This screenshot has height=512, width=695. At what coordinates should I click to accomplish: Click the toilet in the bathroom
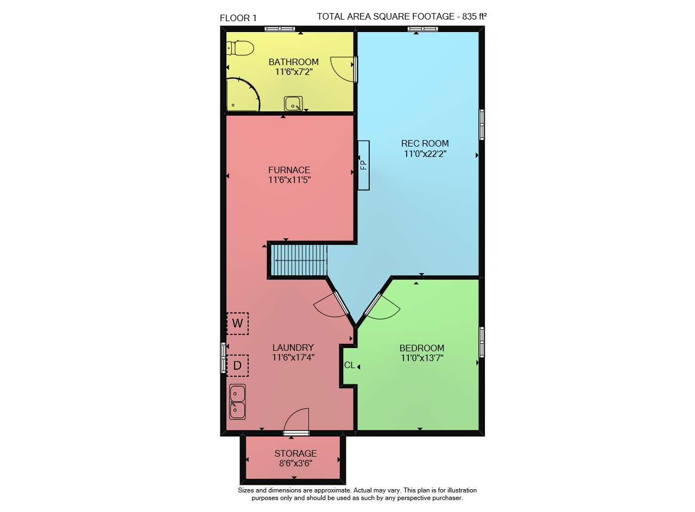point(240,48)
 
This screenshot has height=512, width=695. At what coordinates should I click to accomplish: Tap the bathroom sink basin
point(293,104)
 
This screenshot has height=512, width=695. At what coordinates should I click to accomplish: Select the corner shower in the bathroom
point(243,94)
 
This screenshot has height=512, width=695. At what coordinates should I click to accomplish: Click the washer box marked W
point(237,324)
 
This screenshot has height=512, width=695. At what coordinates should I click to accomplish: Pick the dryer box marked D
point(237,365)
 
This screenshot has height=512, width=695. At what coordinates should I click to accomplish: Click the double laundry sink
point(237,402)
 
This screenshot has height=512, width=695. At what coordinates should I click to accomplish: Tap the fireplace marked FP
point(364,166)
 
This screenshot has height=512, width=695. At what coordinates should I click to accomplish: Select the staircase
point(299,261)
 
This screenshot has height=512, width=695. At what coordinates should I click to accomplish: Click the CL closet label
point(350,365)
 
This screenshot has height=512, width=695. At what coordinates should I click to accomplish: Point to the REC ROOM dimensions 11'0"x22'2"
point(425,154)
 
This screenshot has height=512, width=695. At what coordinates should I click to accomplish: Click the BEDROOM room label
point(422,348)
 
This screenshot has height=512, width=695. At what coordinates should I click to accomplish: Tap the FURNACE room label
point(289,170)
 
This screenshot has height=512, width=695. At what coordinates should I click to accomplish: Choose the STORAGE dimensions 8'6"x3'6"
point(296,464)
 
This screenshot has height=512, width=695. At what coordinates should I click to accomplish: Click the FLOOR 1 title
point(238,18)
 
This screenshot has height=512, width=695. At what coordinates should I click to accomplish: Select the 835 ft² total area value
point(475,16)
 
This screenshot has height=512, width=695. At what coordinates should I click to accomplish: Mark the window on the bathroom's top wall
point(280,29)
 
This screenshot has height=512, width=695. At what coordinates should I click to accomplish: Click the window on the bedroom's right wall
point(482,342)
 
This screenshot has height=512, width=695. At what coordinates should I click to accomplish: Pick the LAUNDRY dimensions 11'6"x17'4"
point(293,357)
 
